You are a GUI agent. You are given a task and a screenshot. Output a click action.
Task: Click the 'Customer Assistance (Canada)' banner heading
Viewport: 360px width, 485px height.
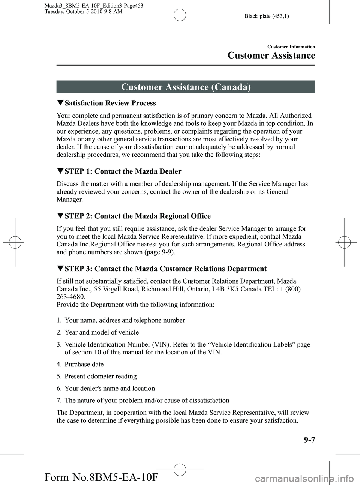click(186, 87)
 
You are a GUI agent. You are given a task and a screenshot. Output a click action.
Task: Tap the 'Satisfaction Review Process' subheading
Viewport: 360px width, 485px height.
click(110, 103)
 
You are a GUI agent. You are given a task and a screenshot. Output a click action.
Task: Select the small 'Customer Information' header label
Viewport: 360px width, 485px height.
click(291, 47)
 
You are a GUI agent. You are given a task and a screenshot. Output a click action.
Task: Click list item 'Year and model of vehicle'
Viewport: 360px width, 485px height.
click(102, 332)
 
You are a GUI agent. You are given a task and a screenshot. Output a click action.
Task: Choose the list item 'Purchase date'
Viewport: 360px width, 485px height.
click(84, 364)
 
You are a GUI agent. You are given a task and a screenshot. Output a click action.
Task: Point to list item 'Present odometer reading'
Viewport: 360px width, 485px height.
click(100, 376)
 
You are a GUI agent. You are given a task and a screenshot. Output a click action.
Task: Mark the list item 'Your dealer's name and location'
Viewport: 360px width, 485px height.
click(109, 389)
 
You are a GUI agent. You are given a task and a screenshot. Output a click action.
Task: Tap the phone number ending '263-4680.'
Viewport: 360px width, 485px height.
click(71, 297)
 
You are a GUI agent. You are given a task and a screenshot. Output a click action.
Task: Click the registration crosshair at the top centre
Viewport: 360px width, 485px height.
click(180, 15)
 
